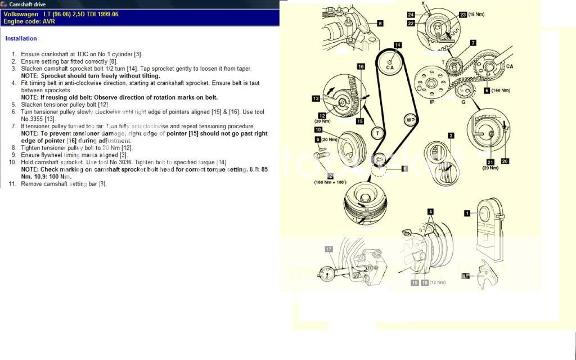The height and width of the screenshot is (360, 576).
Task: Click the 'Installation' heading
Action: click(21, 39)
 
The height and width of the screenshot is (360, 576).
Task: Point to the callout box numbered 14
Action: click(398, 45)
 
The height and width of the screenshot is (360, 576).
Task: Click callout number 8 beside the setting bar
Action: click(380, 24)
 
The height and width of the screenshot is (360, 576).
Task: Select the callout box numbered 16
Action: click(361, 66)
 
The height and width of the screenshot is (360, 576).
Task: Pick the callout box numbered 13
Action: click(316, 98)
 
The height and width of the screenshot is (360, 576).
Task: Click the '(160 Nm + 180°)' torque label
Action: click(330, 182)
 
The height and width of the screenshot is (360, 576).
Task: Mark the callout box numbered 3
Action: click(451, 136)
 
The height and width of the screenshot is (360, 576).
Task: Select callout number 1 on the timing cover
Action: click(466, 213)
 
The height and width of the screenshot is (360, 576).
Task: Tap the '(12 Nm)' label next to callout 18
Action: click(438, 282)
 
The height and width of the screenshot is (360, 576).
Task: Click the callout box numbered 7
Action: click(473, 43)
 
